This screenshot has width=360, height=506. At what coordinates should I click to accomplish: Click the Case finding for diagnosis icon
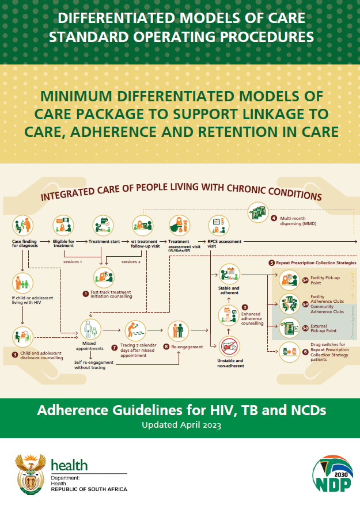[23, 225]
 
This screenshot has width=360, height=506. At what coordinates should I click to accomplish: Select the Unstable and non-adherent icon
[230, 346]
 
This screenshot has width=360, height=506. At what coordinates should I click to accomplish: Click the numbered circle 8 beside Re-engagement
[166, 347]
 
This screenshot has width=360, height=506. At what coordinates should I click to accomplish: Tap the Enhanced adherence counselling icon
[229, 314]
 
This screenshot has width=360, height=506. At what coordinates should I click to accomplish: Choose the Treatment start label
[104, 241]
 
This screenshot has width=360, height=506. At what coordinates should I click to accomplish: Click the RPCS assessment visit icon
[217, 225]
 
